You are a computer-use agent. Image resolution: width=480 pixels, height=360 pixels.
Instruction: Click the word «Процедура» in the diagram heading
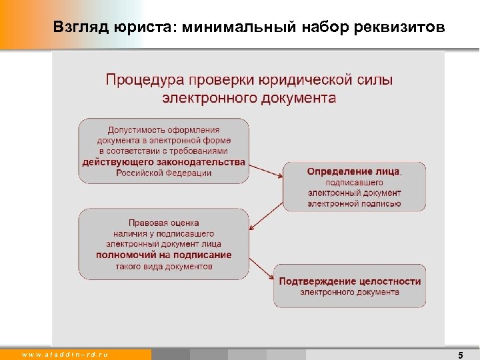point(142,80)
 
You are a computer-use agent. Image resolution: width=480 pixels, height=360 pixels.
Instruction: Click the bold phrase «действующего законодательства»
point(163,162)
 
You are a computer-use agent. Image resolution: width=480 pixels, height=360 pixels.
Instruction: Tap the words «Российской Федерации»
point(163,173)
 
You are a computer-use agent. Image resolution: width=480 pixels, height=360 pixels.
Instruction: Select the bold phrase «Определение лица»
point(354,171)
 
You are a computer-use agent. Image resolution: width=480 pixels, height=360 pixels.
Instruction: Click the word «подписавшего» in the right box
point(354,182)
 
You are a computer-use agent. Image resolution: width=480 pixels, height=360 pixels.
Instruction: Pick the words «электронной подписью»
point(354,203)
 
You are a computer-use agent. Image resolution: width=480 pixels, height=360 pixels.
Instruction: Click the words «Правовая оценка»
point(163,223)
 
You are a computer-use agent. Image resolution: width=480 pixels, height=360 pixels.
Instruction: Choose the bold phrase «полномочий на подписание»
point(163,255)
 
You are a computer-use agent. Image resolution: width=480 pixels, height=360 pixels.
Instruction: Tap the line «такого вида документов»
point(163,266)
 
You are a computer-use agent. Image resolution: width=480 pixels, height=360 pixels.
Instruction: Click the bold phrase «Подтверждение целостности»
point(349,281)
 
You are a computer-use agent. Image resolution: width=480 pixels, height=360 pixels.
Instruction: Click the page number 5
point(461,355)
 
